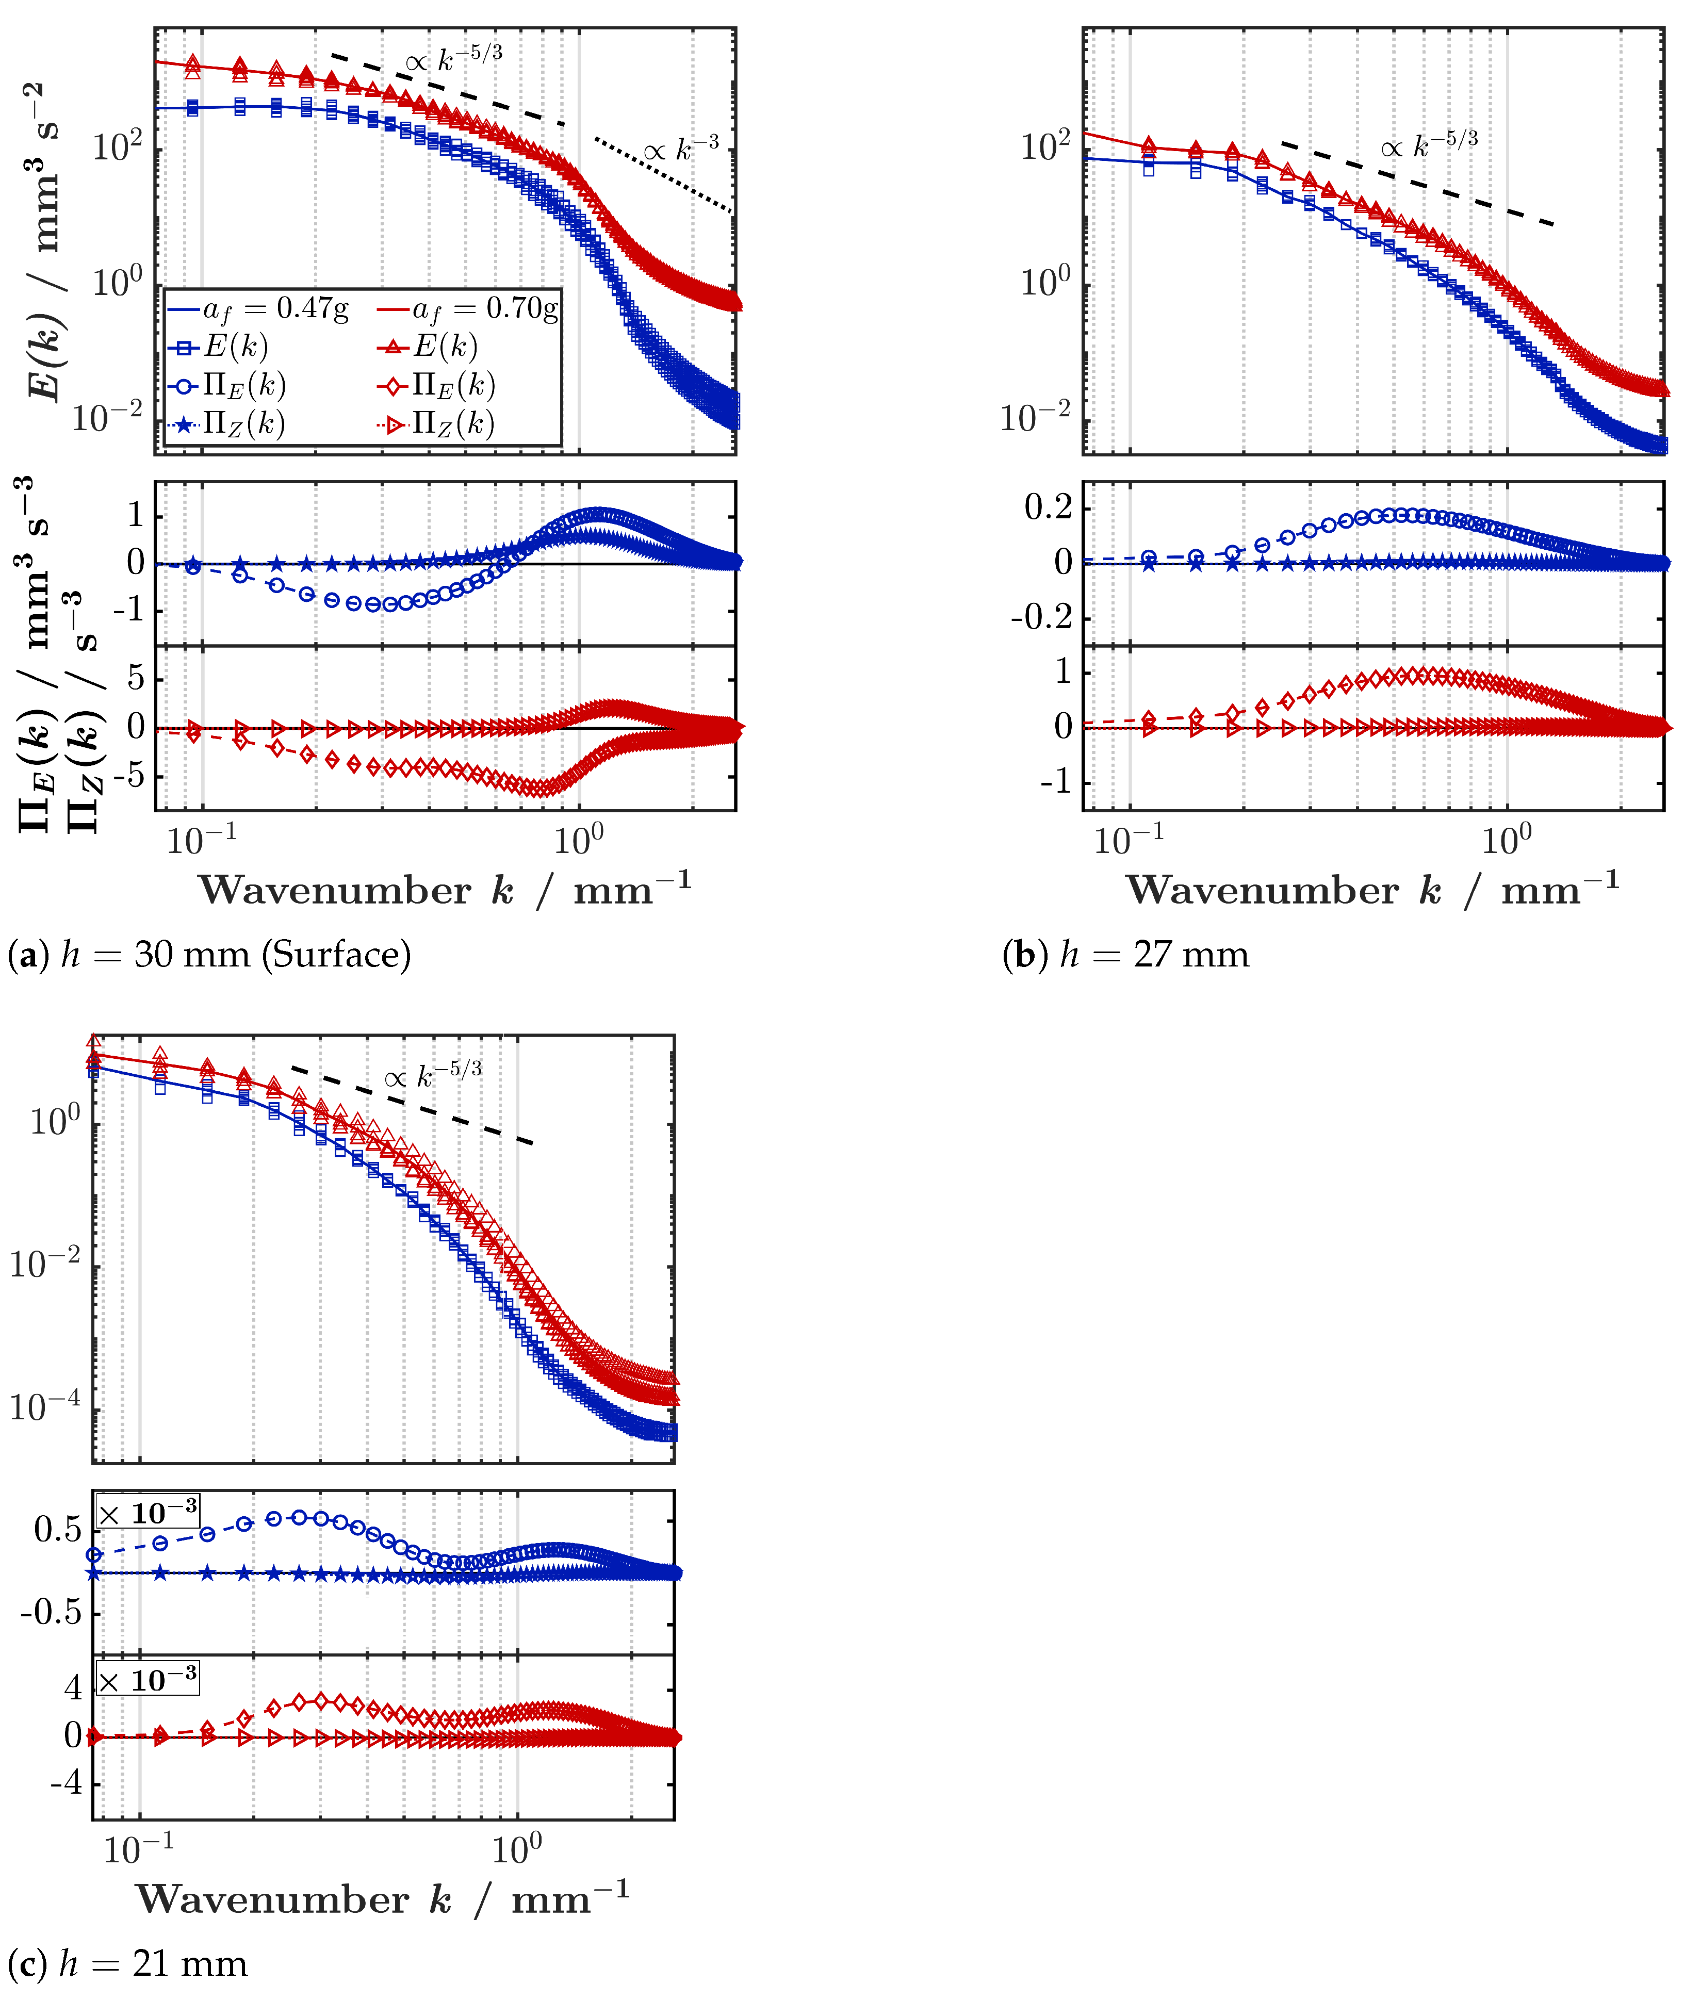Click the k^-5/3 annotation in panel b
1429,144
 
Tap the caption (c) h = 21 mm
128,1964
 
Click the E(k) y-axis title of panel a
43,243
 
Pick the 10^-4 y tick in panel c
45,1406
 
